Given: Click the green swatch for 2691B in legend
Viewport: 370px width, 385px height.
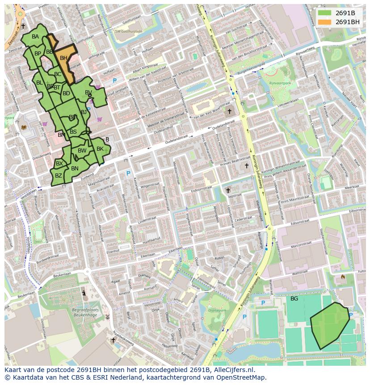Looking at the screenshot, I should (325, 13).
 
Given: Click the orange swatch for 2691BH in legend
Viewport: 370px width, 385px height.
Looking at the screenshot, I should (325, 21).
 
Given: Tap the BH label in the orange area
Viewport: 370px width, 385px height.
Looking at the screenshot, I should (63, 58).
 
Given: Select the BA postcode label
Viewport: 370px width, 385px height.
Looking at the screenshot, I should (35, 37).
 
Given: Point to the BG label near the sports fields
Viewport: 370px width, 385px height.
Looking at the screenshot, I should (294, 298).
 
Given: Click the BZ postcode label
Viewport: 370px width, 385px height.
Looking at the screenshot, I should (59, 176).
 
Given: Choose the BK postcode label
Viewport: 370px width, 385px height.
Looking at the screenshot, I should (100, 149).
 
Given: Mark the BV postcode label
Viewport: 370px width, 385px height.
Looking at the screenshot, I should (88, 93).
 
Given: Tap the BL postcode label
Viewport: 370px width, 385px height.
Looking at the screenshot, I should (39, 83).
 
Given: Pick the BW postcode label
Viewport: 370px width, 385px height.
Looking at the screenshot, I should (82, 151).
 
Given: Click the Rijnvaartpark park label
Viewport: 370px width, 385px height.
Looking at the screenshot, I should (280, 83).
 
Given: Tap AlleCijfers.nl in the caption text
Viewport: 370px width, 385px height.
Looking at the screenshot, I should (232, 370).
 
